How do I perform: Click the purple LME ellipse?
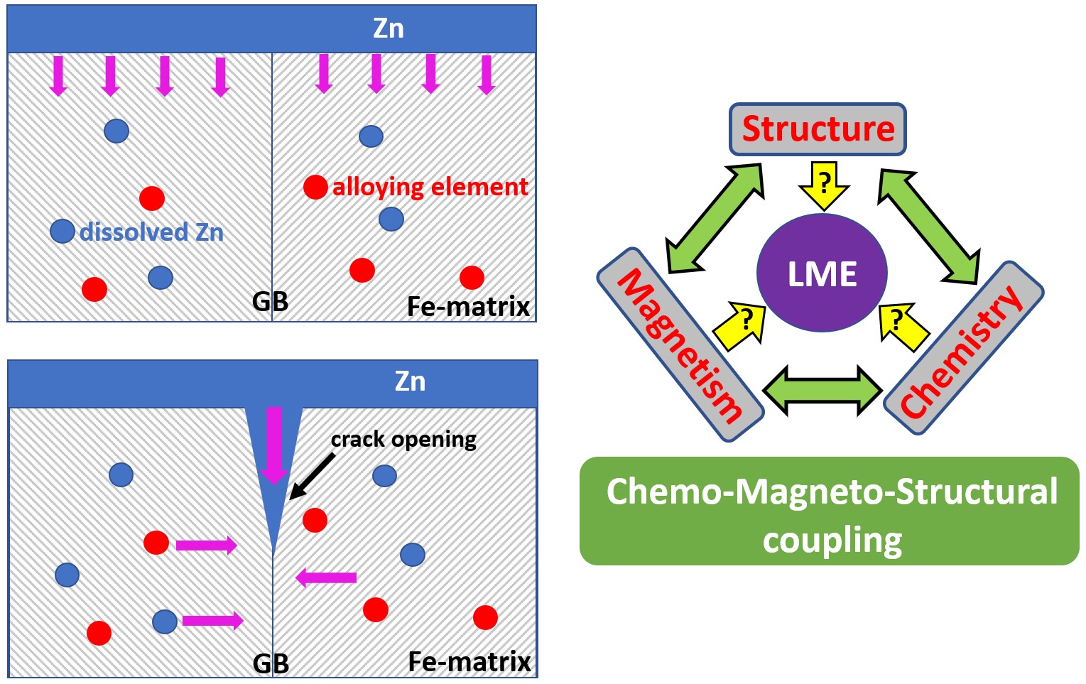tap(822, 273)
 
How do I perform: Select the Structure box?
tap(818, 129)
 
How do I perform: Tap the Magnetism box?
tap(680, 344)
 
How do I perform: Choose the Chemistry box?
tap(963, 348)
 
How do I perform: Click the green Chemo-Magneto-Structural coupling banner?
tap(829, 511)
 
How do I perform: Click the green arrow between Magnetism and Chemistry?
tap(822, 390)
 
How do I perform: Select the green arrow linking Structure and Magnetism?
tap(714, 218)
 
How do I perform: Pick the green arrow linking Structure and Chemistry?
tap(929, 218)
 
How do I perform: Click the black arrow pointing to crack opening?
tap(313, 476)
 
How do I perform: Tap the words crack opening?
tap(403, 440)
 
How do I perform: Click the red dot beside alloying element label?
tap(315, 187)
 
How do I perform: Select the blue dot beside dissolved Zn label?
tap(63, 231)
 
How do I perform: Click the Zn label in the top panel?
tap(389, 28)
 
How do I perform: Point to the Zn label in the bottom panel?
tap(410, 381)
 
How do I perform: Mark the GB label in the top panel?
tap(270, 302)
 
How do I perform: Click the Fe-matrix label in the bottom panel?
tap(469, 662)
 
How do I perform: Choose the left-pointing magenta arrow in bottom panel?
tap(326, 577)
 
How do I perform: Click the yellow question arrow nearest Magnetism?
tap(740, 326)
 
